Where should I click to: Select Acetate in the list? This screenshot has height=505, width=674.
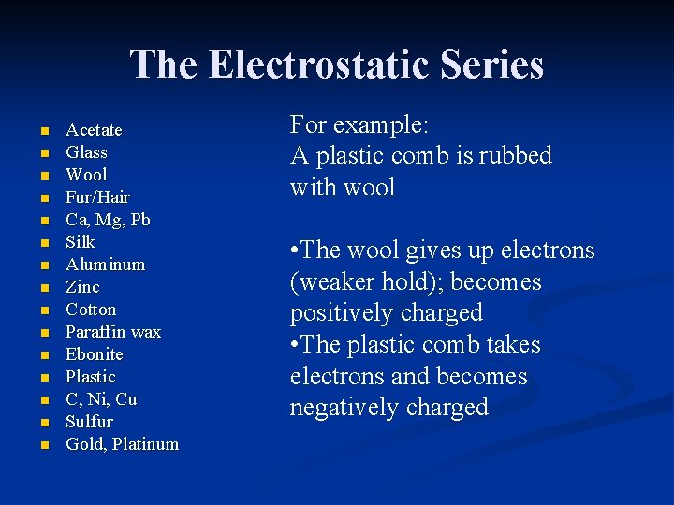pyautogui.click(x=94, y=130)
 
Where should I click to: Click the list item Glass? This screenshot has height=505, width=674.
pyautogui.click(x=86, y=152)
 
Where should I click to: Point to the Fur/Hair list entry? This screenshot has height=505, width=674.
pyautogui.click(x=97, y=197)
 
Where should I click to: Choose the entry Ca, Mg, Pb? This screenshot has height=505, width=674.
pyautogui.click(x=108, y=220)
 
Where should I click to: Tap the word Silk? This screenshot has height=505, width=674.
pyautogui.click(x=81, y=242)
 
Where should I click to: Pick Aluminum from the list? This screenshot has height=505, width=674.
pyautogui.click(x=105, y=265)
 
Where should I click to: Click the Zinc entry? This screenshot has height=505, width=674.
pyautogui.click(x=82, y=287)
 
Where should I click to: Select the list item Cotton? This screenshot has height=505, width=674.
pyautogui.click(x=91, y=310)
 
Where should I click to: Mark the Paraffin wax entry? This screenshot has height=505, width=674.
pyautogui.click(x=113, y=332)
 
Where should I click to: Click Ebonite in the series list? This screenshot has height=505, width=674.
pyautogui.click(x=94, y=354)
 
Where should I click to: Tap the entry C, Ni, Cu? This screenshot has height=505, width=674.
pyautogui.click(x=101, y=399)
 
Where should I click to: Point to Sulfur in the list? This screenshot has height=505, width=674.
pyautogui.click(x=89, y=422)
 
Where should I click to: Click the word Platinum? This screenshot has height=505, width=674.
pyautogui.click(x=145, y=444)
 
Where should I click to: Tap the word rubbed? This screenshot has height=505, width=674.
pyautogui.click(x=515, y=156)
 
